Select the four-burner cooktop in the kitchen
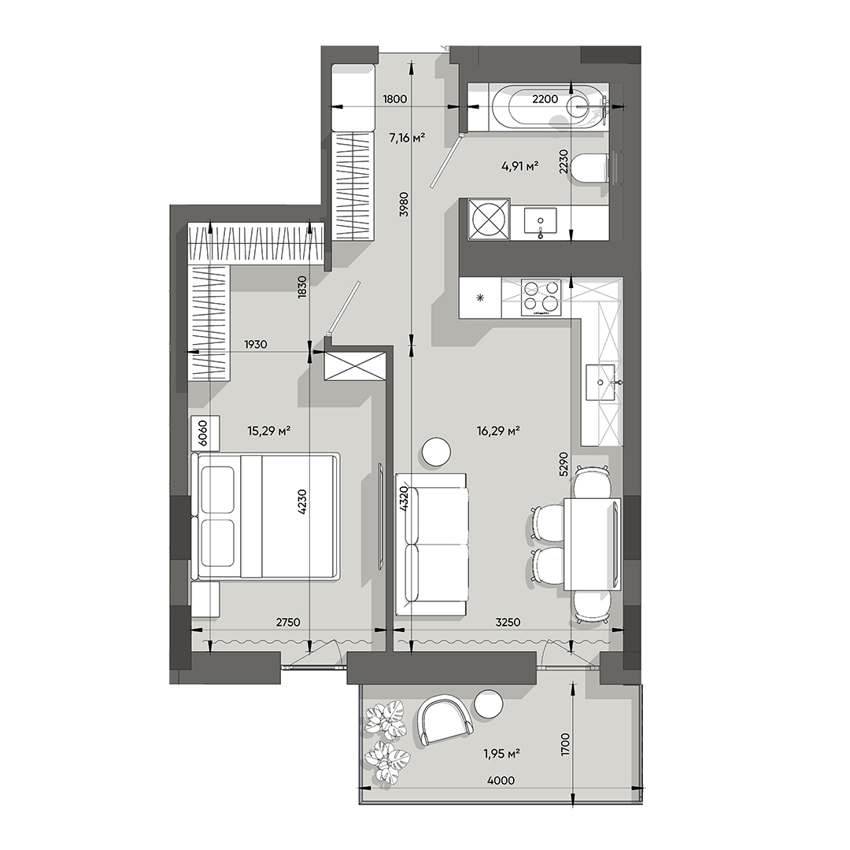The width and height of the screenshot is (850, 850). coord(541,298)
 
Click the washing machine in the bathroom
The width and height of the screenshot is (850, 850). coord(488,218)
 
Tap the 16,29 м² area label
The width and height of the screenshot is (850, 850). coord(498,430)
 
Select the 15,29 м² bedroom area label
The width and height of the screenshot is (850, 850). coord(270,430)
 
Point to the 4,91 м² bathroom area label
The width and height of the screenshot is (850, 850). coord(519,165)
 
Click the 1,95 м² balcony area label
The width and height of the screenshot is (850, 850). coord(501,753)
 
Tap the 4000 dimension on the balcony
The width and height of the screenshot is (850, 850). coord(501,781)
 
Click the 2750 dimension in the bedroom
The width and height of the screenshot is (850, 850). coord(288,622)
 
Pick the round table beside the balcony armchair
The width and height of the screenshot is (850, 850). coord(488,703)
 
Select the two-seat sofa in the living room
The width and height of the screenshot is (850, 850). coord(431,545)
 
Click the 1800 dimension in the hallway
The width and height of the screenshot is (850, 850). coord(394,99)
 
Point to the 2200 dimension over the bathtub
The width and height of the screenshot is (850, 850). coord(545,99)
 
